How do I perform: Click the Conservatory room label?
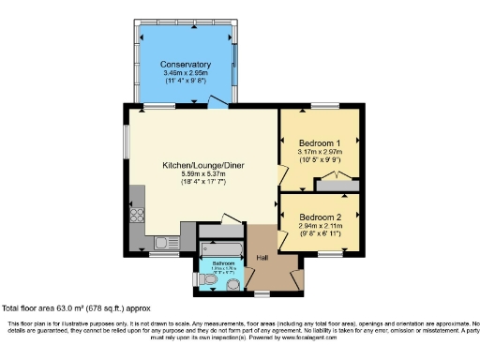pos(186,64)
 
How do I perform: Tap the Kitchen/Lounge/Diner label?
pos(202,165)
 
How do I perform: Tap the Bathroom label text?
pos(223,263)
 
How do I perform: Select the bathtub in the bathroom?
pos(221,250)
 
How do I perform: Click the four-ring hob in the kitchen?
pos(137,215)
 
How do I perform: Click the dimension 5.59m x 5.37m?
pos(202,173)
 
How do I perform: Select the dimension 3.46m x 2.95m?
pos(186,72)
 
